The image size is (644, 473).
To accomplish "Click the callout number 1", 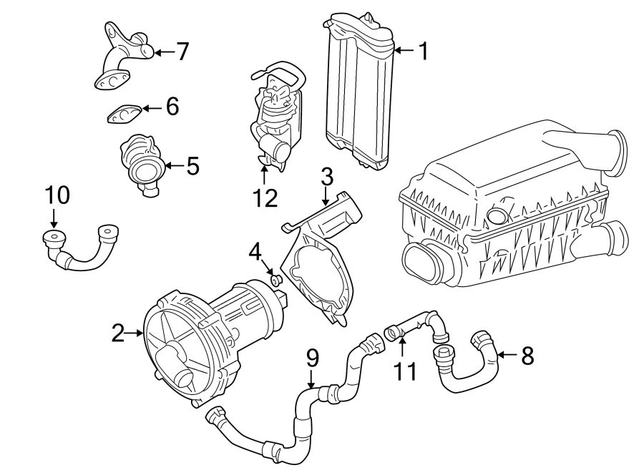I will click(x=423, y=51).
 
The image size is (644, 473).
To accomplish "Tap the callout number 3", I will click(x=326, y=175).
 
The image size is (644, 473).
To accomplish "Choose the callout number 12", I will click(x=265, y=198).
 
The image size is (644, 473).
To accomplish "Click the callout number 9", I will click(x=312, y=358).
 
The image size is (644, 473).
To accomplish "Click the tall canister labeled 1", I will click(x=359, y=89).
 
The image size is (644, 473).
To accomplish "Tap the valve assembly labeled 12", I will click(x=275, y=114).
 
